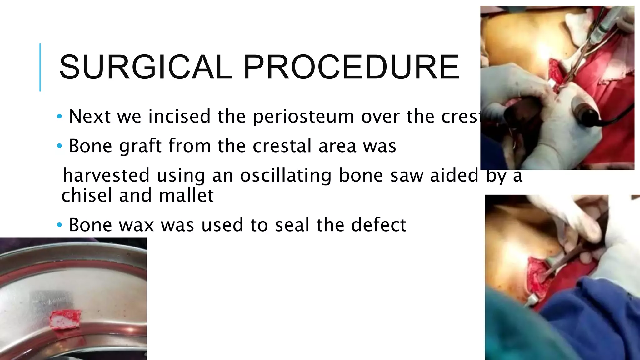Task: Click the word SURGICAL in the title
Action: pyautogui.click(x=145, y=67)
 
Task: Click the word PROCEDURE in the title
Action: pyautogui.click(x=351, y=67)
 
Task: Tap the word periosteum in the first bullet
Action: pyautogui.click(x=303, y=117)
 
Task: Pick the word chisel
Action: pyautogui.click(x=87, y=195)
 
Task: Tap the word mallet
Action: pyautogui.click(x=186, y=195)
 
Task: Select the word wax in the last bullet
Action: pyautogui.click(x=137, y=225)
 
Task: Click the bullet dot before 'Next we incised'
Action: pyautogui.click(x=60, y=117)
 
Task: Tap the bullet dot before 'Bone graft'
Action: pyautogui.click(x=60, y=146)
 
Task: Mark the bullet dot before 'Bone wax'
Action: pyautogui.click(x=60, y=225)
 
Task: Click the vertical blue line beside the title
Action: pyautogui.click(x=40, y=67)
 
